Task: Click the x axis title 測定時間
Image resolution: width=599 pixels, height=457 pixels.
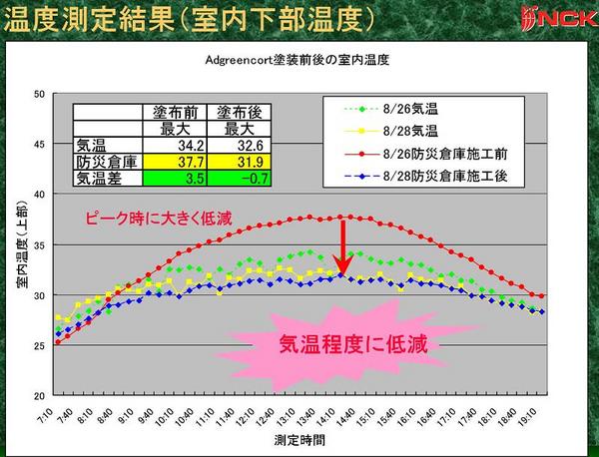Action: click(x=299, y=438)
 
